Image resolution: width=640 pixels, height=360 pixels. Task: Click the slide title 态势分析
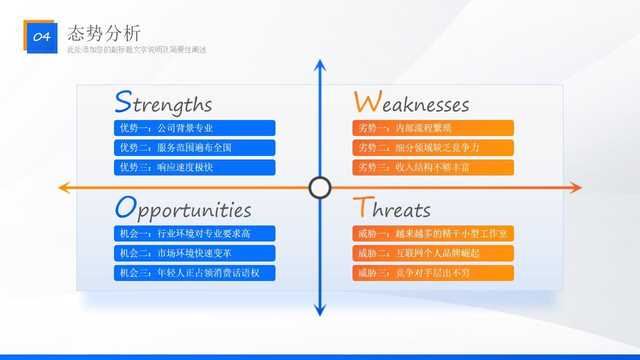point(104,33)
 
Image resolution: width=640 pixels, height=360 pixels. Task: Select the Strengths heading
point(163,102)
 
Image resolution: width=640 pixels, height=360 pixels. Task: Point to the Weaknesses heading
point(411,102)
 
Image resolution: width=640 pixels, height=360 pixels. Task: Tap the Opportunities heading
point(183,208)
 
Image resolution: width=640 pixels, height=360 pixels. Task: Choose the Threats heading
point(391,208)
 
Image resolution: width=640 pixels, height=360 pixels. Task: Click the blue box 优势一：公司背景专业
point(194,128)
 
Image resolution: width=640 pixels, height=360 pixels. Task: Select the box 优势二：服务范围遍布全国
point(194,147)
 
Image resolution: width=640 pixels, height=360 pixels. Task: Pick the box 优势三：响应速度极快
point(194,167)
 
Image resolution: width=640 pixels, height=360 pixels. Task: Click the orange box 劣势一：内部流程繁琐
point(433,128)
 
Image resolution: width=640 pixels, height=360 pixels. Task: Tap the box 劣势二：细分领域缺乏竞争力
point(433,147)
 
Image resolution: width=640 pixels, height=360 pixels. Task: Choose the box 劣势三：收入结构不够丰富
point(433,167)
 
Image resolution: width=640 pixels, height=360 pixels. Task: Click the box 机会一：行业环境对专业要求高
point(194,233)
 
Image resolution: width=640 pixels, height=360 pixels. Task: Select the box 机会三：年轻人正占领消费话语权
point(194,273)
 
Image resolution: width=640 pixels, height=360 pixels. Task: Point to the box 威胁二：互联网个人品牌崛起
point(433,253)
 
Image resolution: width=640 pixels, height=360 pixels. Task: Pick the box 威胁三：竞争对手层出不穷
point(433,273)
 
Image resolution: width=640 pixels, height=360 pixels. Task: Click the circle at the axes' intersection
point(320,188)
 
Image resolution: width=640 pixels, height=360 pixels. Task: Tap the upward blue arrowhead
point(320,65)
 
